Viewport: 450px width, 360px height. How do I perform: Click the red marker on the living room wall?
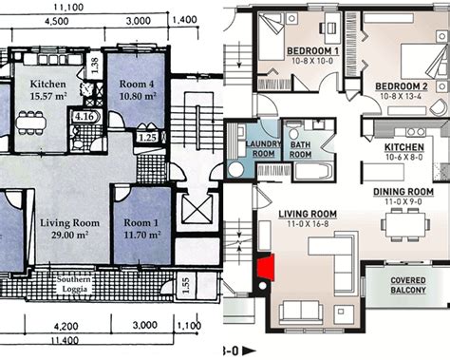point(266,269)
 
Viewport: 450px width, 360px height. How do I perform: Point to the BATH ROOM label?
point(302,148)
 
